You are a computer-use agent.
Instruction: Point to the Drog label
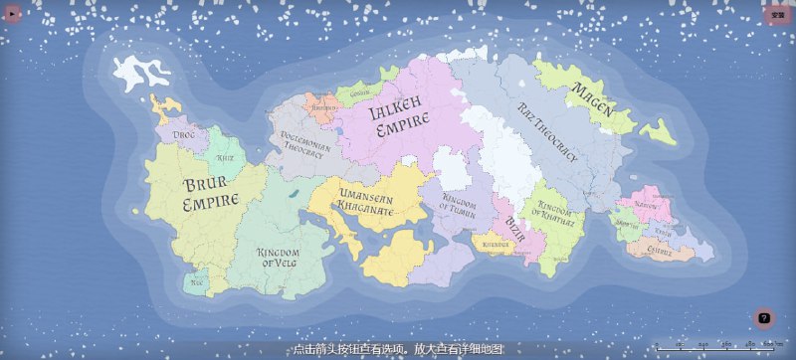(x=184, y=133)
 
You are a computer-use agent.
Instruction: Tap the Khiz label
(x=226, y=158)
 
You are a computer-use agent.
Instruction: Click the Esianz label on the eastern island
(x=659, y=252)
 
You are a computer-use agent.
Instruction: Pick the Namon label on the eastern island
(x=647, y=205)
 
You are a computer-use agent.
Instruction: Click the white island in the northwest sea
(x=137, y=73)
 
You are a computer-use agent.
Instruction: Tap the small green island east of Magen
(x=657, y=131)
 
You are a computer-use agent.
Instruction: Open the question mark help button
(x=764, y=318)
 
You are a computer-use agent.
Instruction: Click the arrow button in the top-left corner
(x=13, y=15)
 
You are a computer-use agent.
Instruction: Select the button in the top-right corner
(x=777, y=15)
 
